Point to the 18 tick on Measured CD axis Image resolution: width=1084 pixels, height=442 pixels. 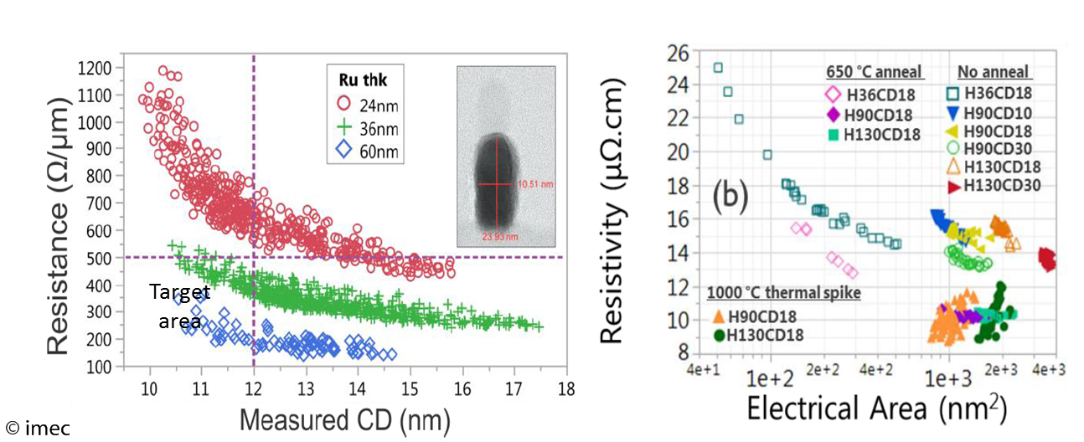(566, 388)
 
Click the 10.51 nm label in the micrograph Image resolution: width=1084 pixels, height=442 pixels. (536, 183)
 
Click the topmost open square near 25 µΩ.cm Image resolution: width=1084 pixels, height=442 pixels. (718, 68)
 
